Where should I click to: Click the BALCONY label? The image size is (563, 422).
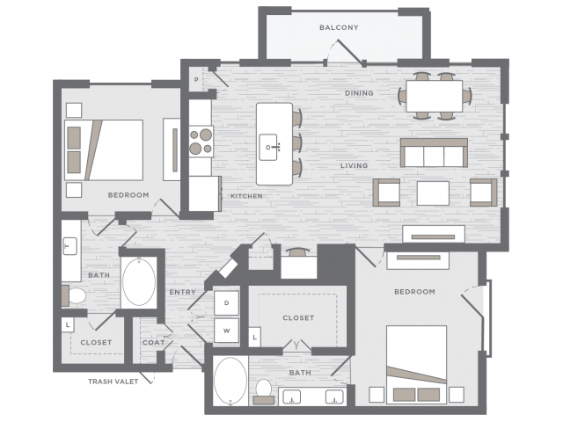339,27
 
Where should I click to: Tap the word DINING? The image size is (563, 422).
359,93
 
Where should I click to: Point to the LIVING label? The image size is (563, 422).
354,165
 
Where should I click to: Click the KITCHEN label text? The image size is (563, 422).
246,196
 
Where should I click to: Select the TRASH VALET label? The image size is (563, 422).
113,382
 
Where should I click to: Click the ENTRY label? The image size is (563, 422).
182,292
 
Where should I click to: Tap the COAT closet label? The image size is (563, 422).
153,342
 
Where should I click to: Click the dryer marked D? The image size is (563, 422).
227,302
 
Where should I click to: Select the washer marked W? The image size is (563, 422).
227,331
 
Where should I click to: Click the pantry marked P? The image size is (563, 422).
196,80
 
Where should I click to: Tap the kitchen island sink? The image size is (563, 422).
268,147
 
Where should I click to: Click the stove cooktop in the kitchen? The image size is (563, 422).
201,142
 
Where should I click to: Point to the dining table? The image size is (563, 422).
434,96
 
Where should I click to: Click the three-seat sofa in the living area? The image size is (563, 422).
434,153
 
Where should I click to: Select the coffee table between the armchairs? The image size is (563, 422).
433,193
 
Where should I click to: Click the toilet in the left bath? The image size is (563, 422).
74,295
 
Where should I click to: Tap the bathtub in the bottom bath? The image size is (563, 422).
230,381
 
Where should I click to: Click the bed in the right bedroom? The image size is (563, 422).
416,364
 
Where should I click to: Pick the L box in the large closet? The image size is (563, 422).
254,337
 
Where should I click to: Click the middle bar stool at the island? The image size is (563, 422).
296,142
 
